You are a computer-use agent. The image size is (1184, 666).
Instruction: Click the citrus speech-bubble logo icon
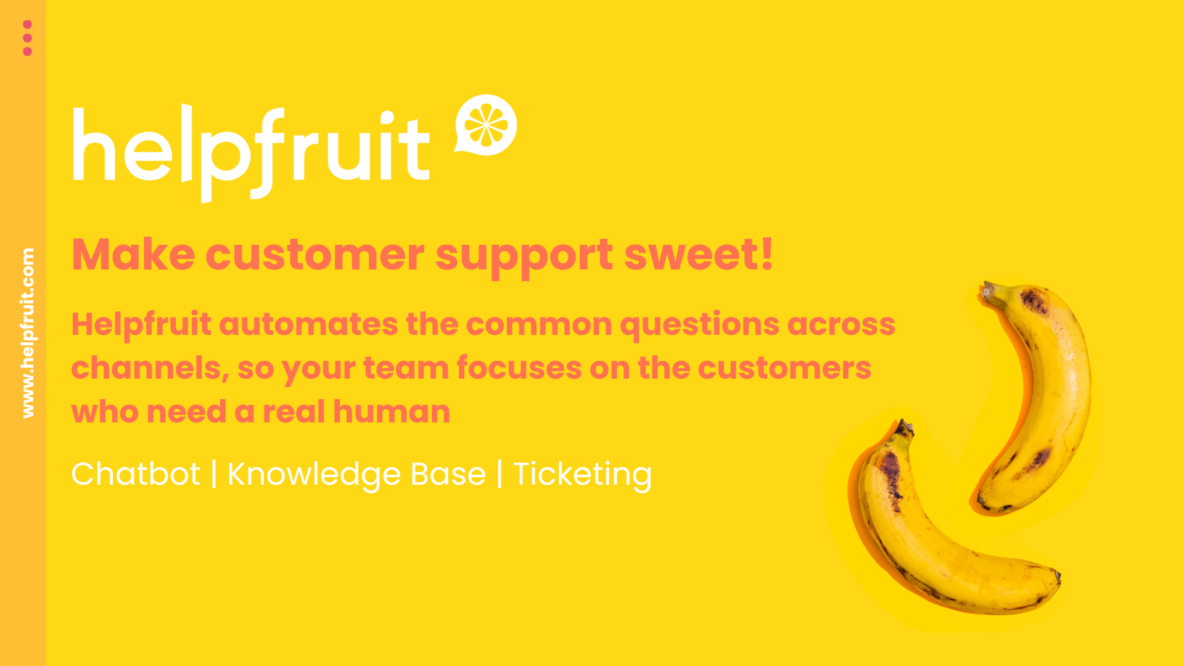[x=486, y=125]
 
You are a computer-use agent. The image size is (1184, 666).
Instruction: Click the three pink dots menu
[x=27, y=38]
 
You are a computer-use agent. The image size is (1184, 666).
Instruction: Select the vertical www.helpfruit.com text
[x=28, y=333]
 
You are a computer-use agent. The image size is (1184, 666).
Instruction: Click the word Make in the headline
[x=133, y=255]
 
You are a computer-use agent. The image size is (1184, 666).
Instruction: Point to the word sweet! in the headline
[x=698, y=255]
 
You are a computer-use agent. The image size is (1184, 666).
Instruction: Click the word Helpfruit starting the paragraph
[x=141, y=324]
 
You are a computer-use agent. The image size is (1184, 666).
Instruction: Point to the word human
[x=392, y=412]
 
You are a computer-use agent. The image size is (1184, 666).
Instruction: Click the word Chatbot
[x=136, y=474]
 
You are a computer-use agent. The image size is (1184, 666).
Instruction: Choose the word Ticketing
[x=582, y=475]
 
